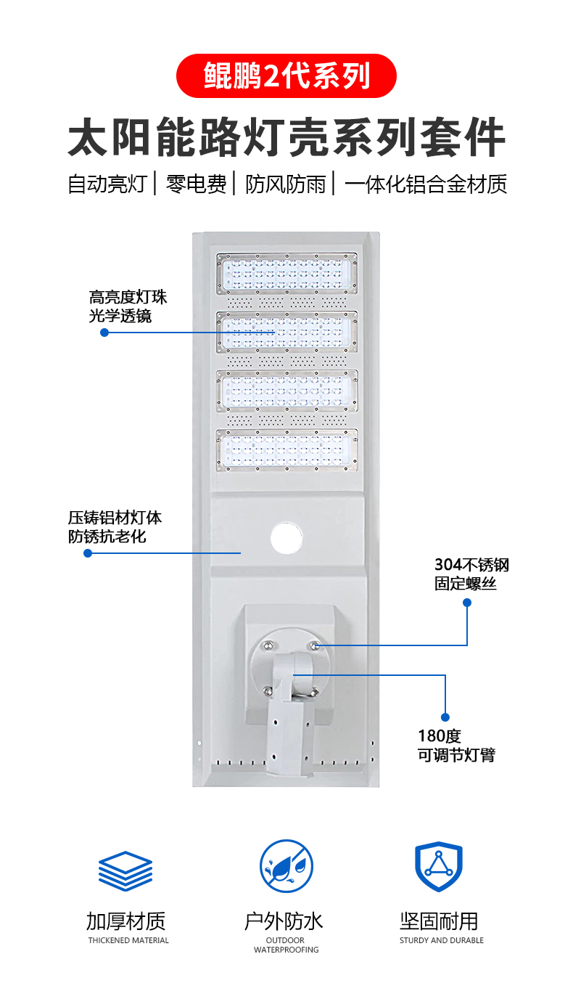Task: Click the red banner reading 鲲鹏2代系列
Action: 286,76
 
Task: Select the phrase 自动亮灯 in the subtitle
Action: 107,184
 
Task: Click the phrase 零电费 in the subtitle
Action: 196,184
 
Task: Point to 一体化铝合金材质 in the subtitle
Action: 425,184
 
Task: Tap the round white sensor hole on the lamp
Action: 286,538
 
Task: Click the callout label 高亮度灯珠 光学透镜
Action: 128,306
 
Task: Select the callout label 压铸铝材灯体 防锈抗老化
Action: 115,527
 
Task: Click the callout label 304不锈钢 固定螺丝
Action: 471,574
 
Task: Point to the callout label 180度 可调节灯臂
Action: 456,745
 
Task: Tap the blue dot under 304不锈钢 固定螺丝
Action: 467,603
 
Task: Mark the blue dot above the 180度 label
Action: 445,717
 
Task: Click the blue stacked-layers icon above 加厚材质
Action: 125,869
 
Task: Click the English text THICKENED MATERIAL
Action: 128,940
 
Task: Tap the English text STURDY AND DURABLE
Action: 441,940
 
